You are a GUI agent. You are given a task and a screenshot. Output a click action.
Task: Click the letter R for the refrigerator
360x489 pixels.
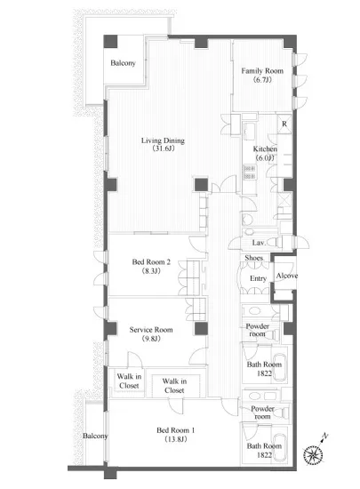(x=284, y=124)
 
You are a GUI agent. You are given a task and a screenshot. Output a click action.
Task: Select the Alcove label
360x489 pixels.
(x=287, y=276)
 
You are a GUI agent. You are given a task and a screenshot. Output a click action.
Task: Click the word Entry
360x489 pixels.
(x=258, y=278)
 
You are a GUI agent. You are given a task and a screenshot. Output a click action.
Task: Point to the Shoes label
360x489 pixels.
(x=253, y=258)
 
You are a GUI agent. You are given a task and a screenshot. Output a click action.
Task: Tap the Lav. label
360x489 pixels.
(x=259, y=243)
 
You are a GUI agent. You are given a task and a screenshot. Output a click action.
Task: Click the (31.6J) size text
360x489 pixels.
(x=164, y=148)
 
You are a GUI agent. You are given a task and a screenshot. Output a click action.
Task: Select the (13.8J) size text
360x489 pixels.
(x=176, y=439)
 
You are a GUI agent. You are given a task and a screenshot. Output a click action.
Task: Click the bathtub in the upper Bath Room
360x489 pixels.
(x=280, y=367)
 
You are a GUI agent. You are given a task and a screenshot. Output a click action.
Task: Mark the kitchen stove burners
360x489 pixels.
(x=250, y=172)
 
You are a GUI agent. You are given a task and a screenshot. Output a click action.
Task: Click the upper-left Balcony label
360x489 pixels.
(x=124, y=63)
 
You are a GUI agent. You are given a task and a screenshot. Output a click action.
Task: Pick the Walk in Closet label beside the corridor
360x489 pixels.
(x=174, y=386)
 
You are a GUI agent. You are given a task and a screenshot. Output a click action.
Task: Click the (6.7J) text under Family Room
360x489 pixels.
(x=262, y=80)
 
